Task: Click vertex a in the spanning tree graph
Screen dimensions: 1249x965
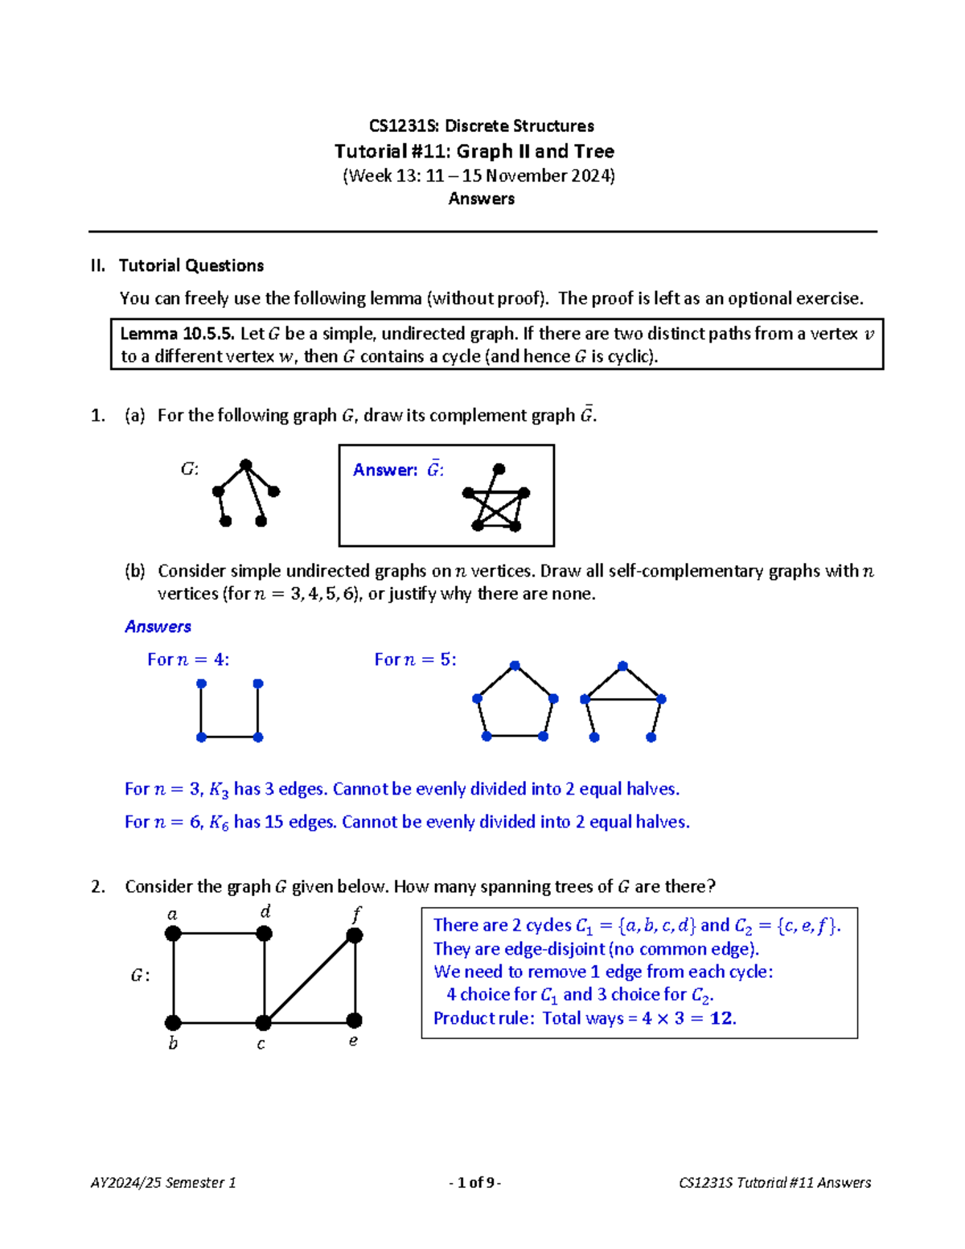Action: [173, 934]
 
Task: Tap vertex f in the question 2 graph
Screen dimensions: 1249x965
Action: [355, 935]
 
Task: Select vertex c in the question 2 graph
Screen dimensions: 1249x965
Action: [263, 1023]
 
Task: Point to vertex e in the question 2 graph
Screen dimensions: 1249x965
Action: [354, 1021]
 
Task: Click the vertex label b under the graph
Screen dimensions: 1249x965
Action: [173, 1044]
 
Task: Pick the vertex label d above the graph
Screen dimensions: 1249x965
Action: [265, 911]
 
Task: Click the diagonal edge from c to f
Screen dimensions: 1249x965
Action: [310, 979]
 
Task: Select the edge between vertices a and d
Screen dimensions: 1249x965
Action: [219, 934]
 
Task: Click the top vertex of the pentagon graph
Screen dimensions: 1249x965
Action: [515, 666]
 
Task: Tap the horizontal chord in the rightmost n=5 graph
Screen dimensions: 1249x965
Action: [623, 700]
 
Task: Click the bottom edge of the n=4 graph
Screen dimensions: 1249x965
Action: [229, 737]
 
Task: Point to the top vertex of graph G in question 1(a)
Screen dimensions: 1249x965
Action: [246, 465]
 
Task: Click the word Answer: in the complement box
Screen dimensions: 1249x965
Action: [385, 470]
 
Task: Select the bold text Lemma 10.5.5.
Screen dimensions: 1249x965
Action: [177, 334]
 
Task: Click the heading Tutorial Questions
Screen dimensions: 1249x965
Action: [191, 265]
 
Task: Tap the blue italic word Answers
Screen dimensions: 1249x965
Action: [158, 627]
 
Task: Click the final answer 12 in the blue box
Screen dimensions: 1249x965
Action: [721, 1018]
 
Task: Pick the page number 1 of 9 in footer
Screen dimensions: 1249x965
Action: [475, 1182]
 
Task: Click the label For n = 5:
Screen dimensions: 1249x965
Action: [415, 659]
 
